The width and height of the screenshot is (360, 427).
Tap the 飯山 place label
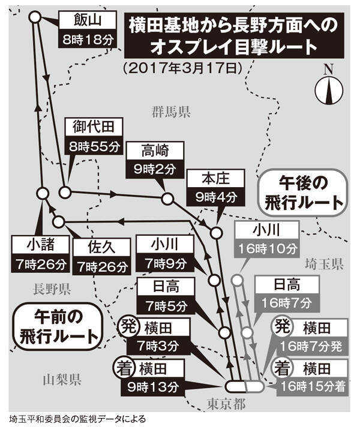click(86, 22)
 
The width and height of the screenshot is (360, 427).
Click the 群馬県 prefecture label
click(170, 112)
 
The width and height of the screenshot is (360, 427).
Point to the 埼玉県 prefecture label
click(323, 263)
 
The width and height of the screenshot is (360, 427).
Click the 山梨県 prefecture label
click(62, 378)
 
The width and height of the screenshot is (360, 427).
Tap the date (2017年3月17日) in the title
click(182, 67)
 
